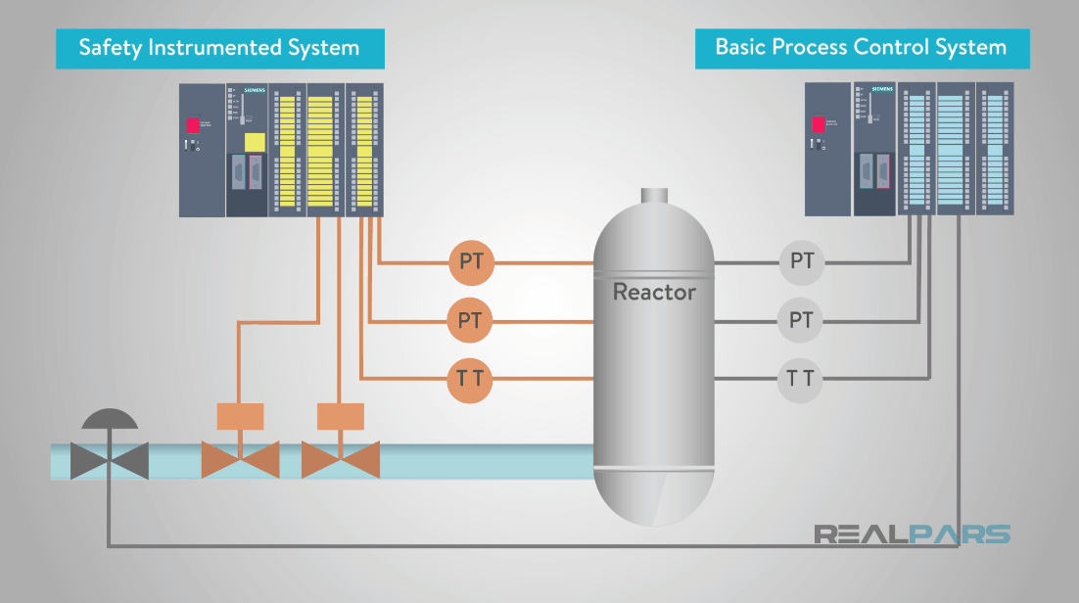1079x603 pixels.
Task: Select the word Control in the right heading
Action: [x=882, y=47]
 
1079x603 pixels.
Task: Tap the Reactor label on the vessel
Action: [x=654, y=292]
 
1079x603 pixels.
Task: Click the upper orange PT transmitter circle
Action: [x=471, y=262]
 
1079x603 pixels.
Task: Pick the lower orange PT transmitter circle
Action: [x=471, y=320]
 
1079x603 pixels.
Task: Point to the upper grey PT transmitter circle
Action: [x=802, y=262]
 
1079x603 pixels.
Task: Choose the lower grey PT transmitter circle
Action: [x=802, y=320]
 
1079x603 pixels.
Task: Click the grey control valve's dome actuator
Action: [x=110, y=419]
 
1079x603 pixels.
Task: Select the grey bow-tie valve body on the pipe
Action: [x=110, y=460]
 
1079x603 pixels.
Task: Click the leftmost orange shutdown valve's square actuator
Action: [x=240, y=416]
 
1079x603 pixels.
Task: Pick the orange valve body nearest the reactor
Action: [x=340, y=459]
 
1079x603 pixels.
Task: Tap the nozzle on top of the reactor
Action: [x=654, y=195]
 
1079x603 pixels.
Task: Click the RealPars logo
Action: [x=912, y=534]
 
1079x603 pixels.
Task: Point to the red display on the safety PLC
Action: [x=194, y=125]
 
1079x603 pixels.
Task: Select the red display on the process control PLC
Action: [x=819, y=124]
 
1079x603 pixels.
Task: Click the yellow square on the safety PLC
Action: [x=254, y=142]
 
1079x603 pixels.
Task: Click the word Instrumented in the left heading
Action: [x=209, y=47]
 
